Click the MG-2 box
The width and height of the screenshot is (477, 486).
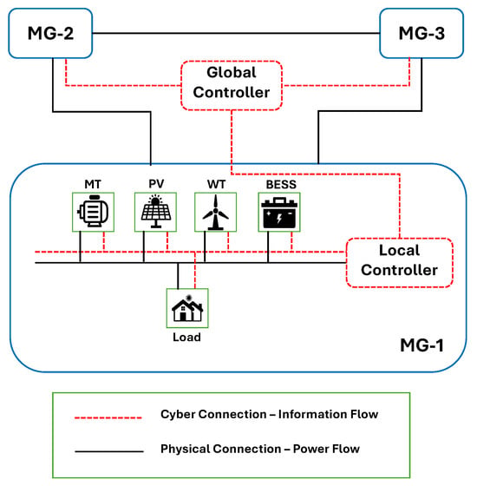(50, 33)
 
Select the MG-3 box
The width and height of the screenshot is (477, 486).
(421, 33)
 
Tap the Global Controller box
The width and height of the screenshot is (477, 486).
(232, 86)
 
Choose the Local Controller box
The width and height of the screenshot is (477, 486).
(400, 263)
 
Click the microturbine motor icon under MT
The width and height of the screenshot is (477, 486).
(93, 212)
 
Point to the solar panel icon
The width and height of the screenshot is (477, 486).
(156, 212)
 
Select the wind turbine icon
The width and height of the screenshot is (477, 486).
(216, 213)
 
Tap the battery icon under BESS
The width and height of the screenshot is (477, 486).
(279, 213)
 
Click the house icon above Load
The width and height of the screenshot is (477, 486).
(187, 308)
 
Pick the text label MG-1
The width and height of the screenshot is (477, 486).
(421, 345)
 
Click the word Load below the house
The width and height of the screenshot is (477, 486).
(186, 338)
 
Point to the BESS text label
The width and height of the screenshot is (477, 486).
(281, 184)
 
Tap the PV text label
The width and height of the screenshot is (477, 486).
(156, 184)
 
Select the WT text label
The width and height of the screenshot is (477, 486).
(216, 184)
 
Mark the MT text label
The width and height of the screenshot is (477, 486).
(93, 184)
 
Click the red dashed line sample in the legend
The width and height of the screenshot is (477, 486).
(108, 417)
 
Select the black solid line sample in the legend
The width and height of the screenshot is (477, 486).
(109, 451)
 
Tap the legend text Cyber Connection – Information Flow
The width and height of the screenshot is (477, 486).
(269, 415)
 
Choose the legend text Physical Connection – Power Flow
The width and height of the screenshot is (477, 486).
(260, 449)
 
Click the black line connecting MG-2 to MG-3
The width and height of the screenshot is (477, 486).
(236, 33)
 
